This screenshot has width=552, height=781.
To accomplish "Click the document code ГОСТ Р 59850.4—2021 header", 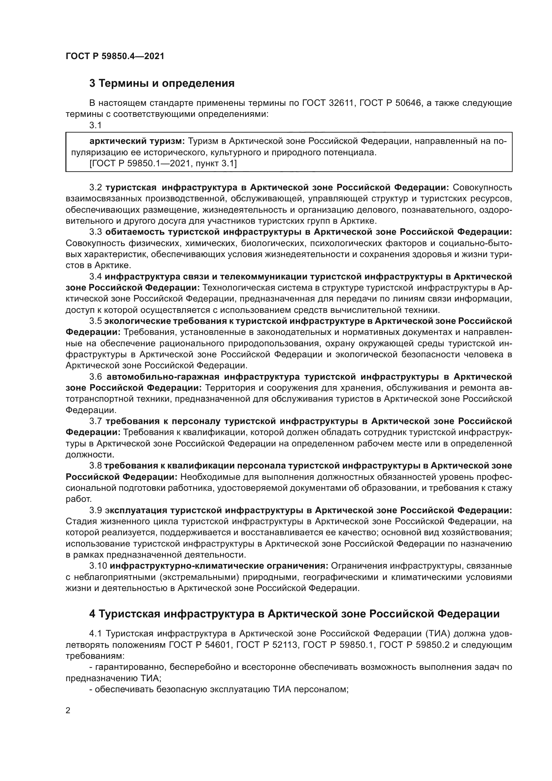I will coord(114,56).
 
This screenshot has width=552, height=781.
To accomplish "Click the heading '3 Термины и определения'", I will coord(162,83).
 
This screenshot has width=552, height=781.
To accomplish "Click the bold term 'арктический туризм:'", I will coord(137,141).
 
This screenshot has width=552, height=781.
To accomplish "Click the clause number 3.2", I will coord(95,187).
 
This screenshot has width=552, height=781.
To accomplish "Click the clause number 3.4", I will coord(95,276).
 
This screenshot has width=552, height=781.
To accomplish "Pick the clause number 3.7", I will coord(95,421).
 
